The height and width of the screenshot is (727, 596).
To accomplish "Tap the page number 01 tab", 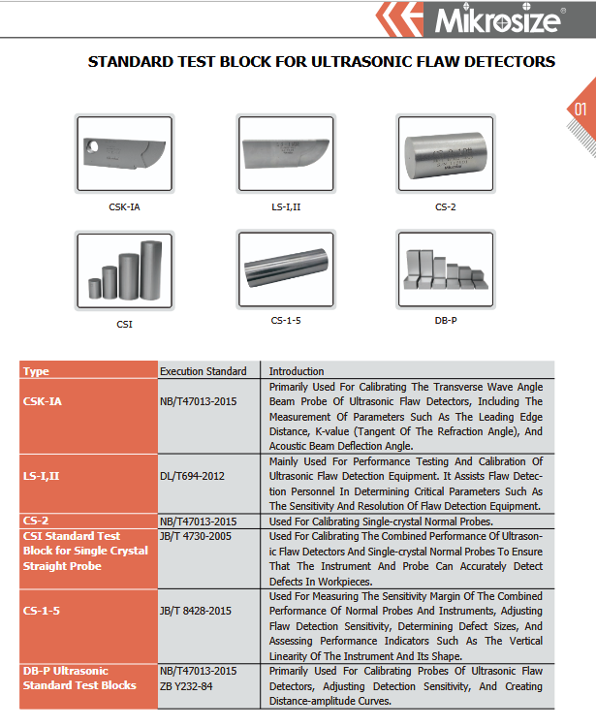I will pyautogui.click(x=580, y=109).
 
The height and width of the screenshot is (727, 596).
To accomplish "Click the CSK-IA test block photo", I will pyautogui.click(x=124, y=154).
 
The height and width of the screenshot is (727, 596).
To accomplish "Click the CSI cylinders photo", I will pyautogui.click(x=124, y=270).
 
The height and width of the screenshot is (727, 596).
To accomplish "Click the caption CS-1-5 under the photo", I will pyautogui.click(x=285, y=319).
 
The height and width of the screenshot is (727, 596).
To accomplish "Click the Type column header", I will pyautogui.click(x=36, y=371).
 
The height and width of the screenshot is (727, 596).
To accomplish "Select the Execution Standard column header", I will pyautogui.click(x=203, y=371).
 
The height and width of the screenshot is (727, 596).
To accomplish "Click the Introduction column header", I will pyautogui.click(x=297, y=371).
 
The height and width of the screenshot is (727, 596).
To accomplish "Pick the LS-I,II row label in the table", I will pyautogui.click(x=42, y=476).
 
